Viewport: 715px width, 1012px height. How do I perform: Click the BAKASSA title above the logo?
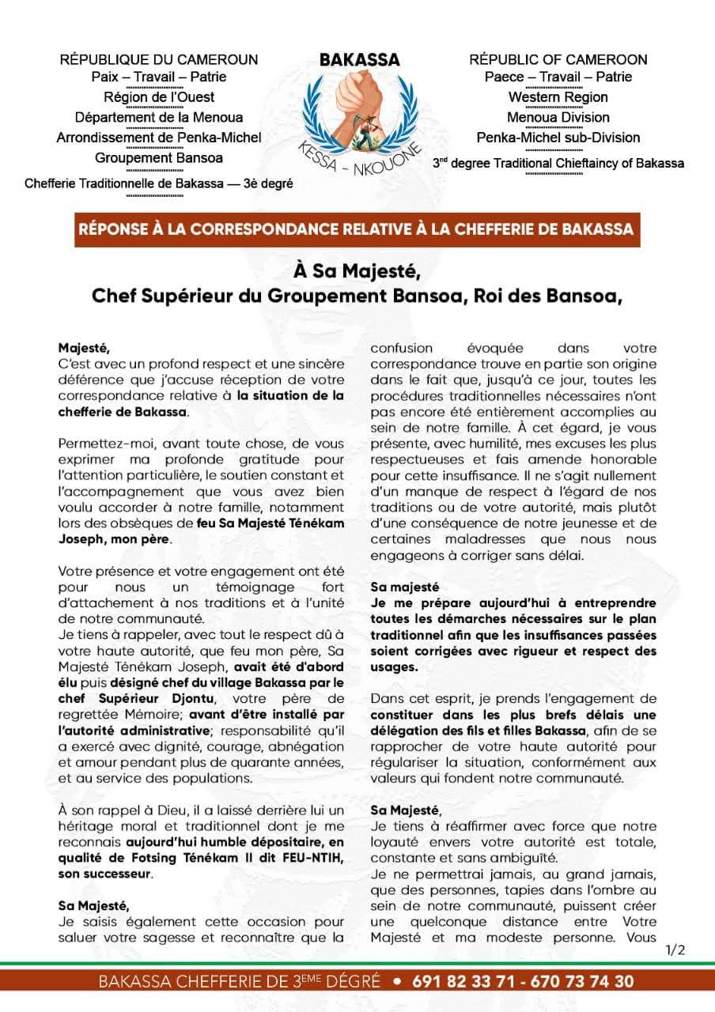(360, 60)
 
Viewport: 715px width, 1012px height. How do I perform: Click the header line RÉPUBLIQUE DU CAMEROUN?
(159, 59)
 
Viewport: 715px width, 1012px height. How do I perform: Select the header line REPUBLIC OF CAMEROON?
(558, 59)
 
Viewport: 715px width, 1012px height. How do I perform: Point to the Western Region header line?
(558, 97)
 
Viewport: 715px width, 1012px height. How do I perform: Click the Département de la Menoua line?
(159, 118)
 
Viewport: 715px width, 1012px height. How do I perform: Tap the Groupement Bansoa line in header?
(159, 157)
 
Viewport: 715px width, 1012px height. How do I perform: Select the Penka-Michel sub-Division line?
(558, 138)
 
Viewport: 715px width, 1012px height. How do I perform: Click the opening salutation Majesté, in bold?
(81, 347)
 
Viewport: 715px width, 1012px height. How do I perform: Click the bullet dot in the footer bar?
(398, 982)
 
